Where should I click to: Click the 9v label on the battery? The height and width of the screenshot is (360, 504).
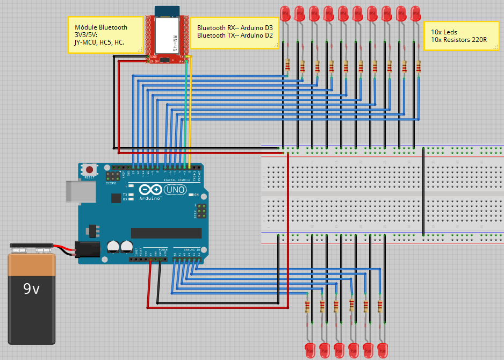pos(32,289)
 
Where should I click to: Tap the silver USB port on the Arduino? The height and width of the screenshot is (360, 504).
pos(74,191)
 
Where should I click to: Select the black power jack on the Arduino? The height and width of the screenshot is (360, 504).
pos(87,249)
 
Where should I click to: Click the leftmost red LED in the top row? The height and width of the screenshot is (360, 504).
pos(285,14)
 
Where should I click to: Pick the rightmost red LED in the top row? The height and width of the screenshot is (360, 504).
pos(415,14)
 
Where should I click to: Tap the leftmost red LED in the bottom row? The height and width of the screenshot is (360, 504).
pos(309,349)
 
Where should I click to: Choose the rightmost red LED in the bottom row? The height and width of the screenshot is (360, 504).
pos(383,349)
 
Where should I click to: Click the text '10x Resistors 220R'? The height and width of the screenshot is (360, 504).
pos(459,40)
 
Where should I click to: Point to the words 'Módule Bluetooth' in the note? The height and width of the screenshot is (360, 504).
pos(101,27)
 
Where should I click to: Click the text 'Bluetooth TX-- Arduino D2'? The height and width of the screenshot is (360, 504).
pos(235,35)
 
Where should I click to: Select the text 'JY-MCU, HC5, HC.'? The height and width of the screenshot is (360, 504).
pos(99,42)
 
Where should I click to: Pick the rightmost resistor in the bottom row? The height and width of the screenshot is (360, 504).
pos(380,306)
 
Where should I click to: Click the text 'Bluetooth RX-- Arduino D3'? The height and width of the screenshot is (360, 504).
pos(235,27)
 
